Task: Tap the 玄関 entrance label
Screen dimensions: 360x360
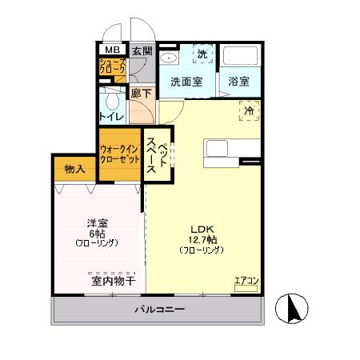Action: [x=142, y=49]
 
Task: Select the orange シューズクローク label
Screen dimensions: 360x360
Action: [x=111, y=67]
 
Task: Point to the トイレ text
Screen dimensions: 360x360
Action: [x=110, y=117]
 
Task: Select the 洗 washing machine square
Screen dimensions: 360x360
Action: [x=202, y=54]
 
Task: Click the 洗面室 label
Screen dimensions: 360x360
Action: [x=186, y=81]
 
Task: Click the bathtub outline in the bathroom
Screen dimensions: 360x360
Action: [x=239, y=58]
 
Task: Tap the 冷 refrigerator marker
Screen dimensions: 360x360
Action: [x=249, y=111]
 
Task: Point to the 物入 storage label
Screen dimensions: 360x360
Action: [x=75, y=170]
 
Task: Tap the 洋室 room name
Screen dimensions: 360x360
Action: [x=97, y=223]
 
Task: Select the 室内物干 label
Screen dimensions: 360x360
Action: [x=112, y=281]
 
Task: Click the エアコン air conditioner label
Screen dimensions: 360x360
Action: [x=246, y=281]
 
